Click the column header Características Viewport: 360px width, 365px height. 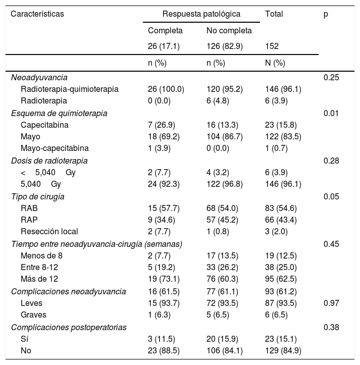pos(37,14)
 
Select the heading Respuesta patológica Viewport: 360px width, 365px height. pos(201,14)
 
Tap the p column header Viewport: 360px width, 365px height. pos(326,14)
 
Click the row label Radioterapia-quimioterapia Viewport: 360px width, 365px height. pos(70,89)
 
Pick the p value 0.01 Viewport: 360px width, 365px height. pos(330,113)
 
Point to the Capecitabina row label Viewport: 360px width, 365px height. pos(44,125)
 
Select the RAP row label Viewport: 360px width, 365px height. pos(29,220)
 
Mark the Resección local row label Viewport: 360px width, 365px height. pos(49,232)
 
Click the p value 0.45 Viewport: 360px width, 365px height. pos(330,244)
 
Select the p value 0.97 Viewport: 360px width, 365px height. pos(330,303)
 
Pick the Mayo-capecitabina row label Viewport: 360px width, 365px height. pos(55,148)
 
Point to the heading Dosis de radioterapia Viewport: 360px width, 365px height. pos(49,161)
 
